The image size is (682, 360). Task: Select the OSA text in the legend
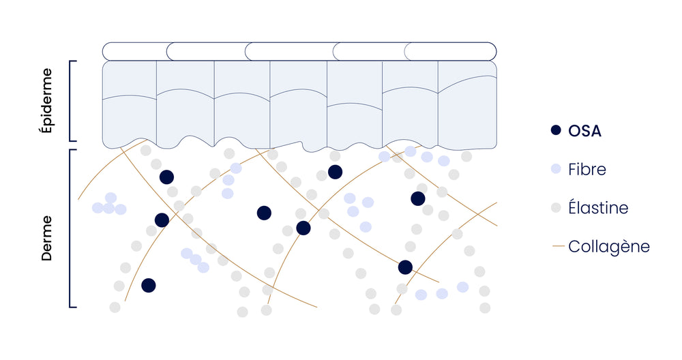click(x=584, y=131)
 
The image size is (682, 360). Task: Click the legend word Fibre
click(x=587, y=169)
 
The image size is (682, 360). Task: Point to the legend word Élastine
click(x=598, y=208)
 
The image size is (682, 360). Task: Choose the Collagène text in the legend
click(x=608, y=246)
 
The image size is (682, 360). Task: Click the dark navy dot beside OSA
click(x=556, y=130)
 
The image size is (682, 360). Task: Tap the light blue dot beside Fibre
click(x=556, y=169)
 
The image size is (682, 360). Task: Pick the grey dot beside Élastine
click(x=556, y=207)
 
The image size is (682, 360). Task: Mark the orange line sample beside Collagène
click(x=557, y=246)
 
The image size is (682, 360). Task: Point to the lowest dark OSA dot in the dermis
click(x=148, y=285)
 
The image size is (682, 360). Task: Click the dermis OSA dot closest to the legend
click(x=418, y=198)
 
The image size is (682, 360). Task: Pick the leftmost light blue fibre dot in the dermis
click(x=98, y=207)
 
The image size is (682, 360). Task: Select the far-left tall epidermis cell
click(x=130, y=102)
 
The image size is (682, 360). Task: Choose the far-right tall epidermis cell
click(x=466, y=102)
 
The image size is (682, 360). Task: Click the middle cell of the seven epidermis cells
click(x=298, y=102)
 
